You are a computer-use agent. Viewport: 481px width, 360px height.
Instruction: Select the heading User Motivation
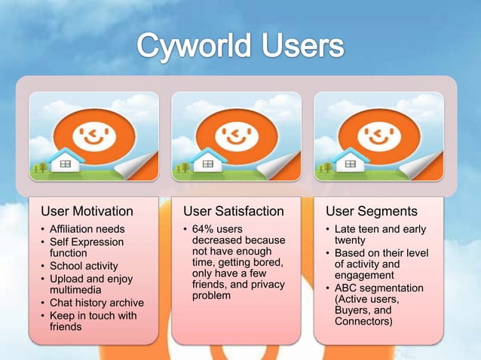click(87, 211)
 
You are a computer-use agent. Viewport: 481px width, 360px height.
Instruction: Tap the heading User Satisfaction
click(234, 211)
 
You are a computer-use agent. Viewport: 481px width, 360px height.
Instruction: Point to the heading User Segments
click(372, 211)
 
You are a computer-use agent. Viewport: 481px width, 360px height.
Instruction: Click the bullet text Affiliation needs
click(87, 229)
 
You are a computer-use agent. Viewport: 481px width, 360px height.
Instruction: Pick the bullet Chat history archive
click(97, 303)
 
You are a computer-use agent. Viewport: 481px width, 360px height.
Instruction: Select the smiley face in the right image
click(377, 136)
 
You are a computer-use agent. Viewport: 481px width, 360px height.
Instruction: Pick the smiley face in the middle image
click(234, 136)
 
